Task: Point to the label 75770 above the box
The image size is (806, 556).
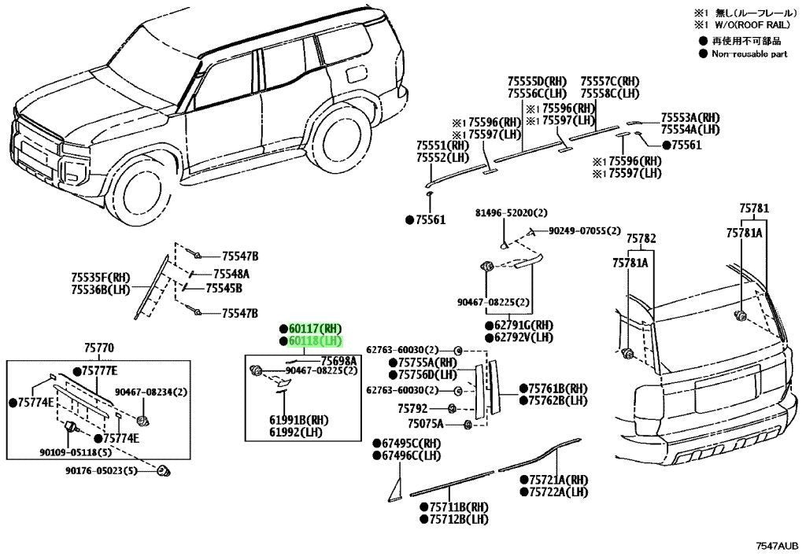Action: pos(98,348)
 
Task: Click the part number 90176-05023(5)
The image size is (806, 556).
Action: pos(102,470)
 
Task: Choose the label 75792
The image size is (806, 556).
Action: pos(412,409)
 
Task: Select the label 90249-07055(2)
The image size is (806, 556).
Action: pos(585,231)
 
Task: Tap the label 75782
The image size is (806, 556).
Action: pos(641,239)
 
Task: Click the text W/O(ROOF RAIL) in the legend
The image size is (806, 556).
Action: pos(752,24)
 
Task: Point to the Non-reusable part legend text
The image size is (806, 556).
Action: pos(749,54)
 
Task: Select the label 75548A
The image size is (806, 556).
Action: pos(231,274)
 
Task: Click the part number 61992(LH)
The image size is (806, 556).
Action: pos(296,433)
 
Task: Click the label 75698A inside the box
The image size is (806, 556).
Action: pos(338,361)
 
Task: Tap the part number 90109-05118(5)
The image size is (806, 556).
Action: pos(76,452)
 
